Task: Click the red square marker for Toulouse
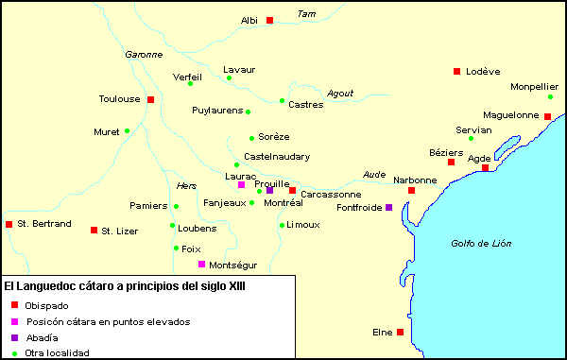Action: tap(150, 99)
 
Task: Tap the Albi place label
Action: tap(249, 20)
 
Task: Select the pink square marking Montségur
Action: tap(201, 265)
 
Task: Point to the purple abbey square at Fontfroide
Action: tap(388, 207)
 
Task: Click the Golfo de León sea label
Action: tap(480, 244)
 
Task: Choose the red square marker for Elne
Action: tap(401, 332)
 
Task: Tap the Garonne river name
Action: tap(144, 55)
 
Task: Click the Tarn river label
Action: tap(304, 13)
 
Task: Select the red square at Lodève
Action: tap(456, 71)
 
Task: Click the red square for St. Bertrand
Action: tap(9, 224)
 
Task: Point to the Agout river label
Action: tap(339, 93)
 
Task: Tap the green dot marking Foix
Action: tap(176, 249)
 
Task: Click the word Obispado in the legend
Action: tap(46, 306)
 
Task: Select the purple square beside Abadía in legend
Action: tap(13, 337)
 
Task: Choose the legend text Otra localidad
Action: tap(58, 352)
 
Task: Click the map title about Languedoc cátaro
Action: tap(125, 285)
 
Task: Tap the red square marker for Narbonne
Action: tap(411, 191)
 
